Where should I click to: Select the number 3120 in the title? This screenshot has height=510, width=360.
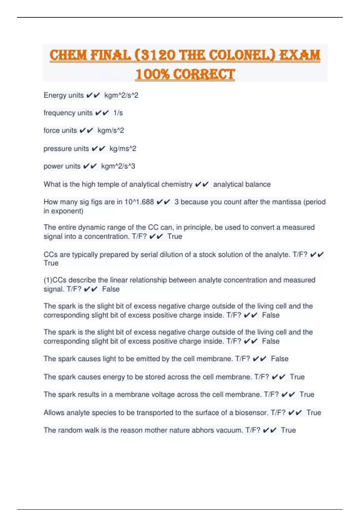(156, 55)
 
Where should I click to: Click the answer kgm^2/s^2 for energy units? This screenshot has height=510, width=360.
(121, 95)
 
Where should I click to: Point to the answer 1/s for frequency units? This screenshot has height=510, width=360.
(118, 113)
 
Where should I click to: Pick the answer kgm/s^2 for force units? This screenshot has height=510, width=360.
(111, 130)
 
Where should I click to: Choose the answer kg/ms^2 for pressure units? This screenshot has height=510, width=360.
(123, 148)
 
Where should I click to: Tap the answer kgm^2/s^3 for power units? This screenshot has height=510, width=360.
(118, 166)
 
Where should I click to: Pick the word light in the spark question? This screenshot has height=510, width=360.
(109, 359)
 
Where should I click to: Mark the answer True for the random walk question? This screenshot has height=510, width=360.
(288, 430)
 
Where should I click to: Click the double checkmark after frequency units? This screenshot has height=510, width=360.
(102, 113)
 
